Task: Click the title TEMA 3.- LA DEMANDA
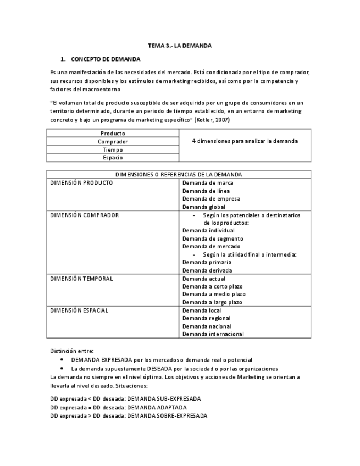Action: click(180, 46)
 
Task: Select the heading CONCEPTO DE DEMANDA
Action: click(106, 59)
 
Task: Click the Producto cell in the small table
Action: click(113, 134)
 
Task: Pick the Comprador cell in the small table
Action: click(113, 142)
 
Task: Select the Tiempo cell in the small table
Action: click(113, 149)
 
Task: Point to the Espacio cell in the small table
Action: click(113, 158)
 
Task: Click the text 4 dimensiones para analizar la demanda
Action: click(245, 141)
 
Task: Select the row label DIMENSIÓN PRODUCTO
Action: click(81, 183)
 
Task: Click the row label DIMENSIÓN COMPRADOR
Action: click(84, 215)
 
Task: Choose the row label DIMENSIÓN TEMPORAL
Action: click(81, 279)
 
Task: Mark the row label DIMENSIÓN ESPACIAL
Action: click(79, 310)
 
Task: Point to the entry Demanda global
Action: click(203, 207)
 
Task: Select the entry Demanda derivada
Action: click(207, 270)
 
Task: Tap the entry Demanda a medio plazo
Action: click(214, 295)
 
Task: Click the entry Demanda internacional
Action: click(213, 334)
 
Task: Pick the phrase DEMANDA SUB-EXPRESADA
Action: click(163, 398)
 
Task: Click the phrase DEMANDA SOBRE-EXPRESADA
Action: click(167, 416)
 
